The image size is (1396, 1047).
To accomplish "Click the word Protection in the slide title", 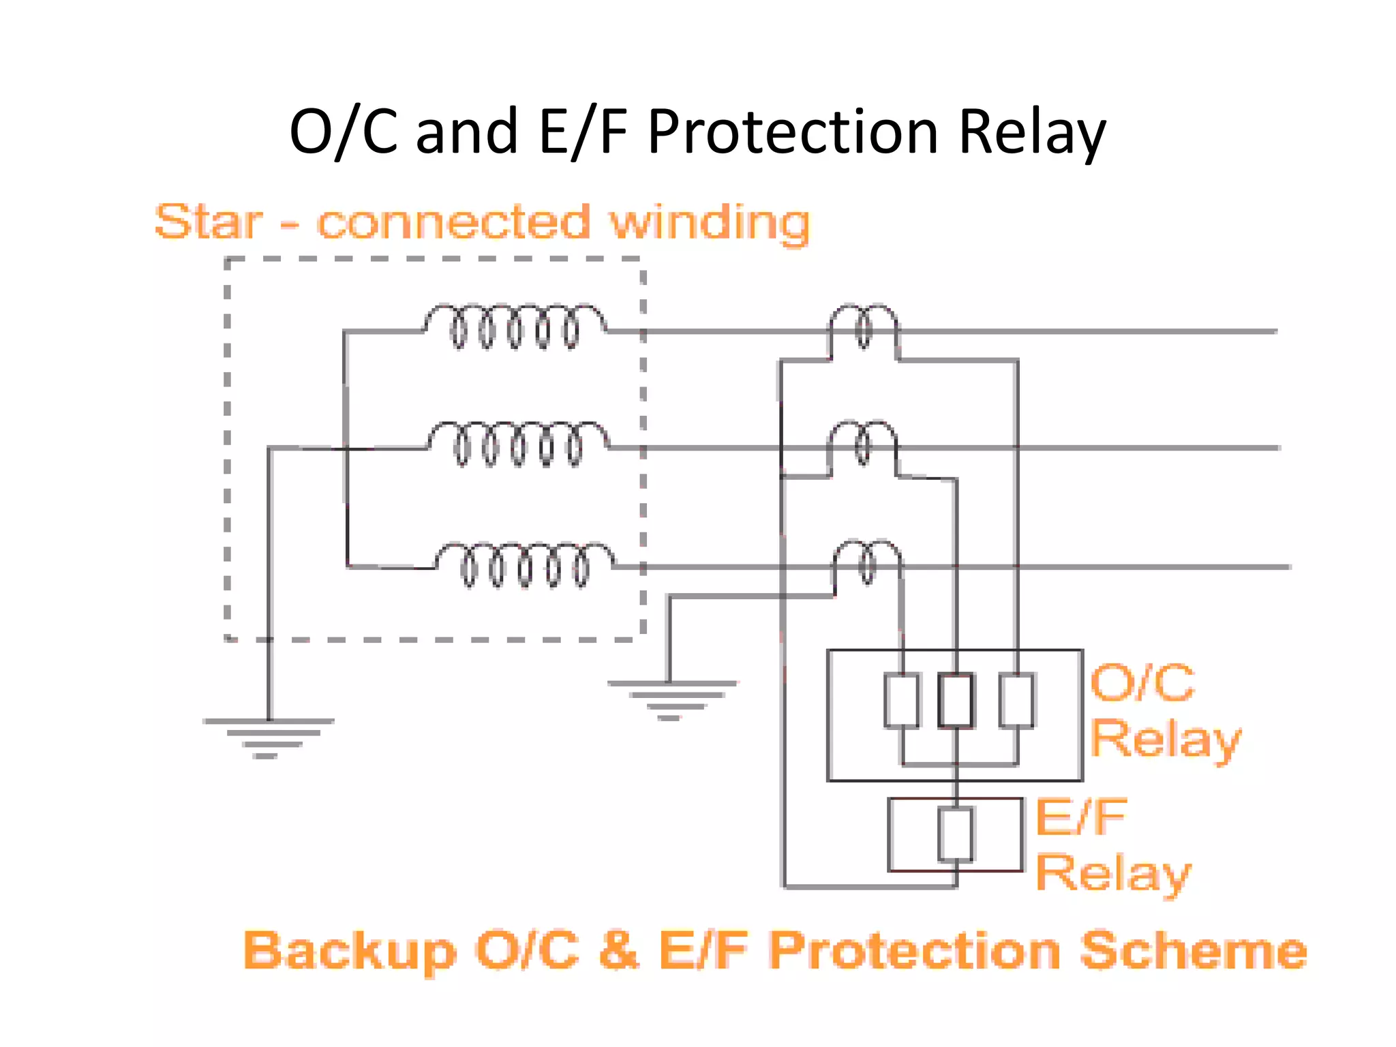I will tap(793, 133).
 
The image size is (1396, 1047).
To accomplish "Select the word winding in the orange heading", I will tap(709, 224).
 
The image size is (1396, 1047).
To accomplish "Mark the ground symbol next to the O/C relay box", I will tap(671, 699).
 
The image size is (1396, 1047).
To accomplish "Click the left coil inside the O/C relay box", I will tap(902, 700).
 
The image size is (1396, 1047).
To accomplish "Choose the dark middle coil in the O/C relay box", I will tap(956, 700).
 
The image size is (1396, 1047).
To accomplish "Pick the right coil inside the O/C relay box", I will tap(1016, 700).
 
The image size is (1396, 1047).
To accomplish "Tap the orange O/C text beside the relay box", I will tap(1142, 682).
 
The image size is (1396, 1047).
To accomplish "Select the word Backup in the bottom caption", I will tap(350, 951).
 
